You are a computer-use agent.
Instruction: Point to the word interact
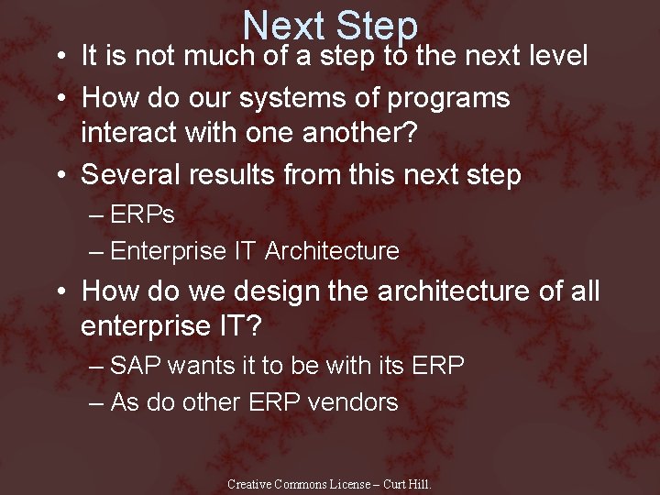coord(134,134)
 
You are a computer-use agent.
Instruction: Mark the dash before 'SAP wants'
coord(97,367)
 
